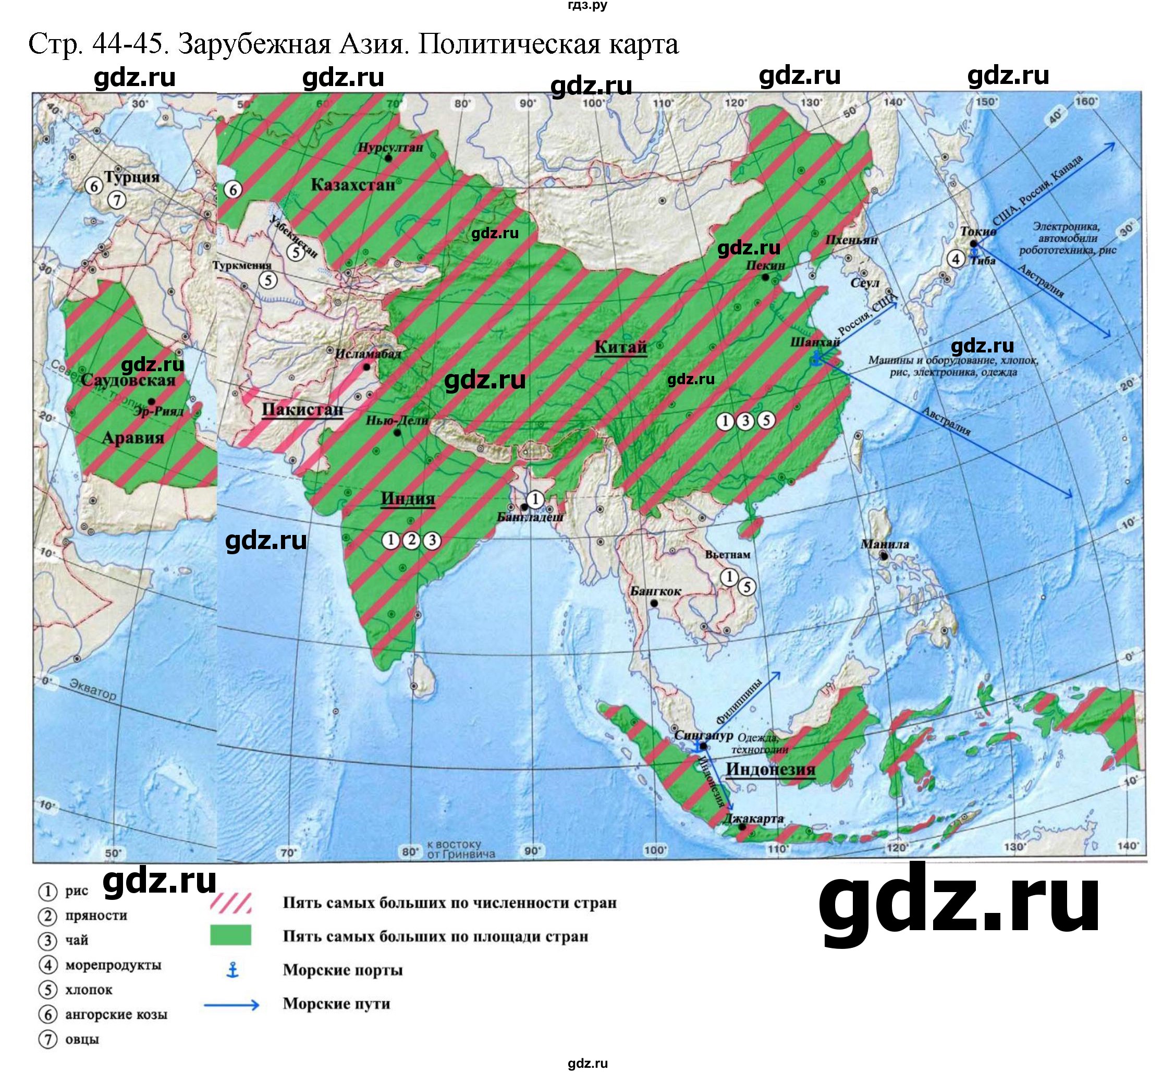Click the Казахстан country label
point(352,185)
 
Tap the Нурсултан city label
point(390,148)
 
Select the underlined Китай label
point(620,347)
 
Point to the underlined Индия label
point(408,499)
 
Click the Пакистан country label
point(302,410)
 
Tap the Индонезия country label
point(770,770)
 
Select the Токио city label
point(978,231)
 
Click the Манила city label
point(885,544)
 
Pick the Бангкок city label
point(655,591)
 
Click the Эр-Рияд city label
point(158,411)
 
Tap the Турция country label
point(131,177)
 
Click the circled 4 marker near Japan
point(955,259)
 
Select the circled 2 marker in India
point(411,540)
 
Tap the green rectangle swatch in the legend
point(230,934)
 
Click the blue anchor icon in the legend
point(232,970)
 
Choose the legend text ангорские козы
point(116,1015)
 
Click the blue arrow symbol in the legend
point(231,1004)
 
